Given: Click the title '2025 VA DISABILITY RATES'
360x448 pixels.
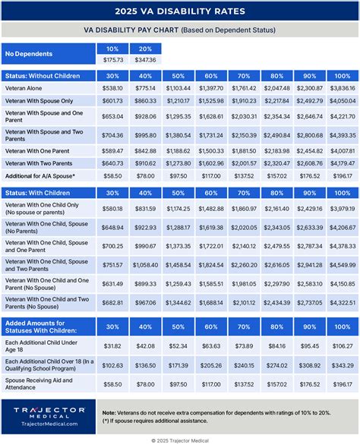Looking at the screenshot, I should [x=180, y=11].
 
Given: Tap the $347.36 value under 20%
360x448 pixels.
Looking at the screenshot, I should [x=145, y=58].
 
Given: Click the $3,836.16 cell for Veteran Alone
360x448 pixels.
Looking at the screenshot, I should [x=342, y=88].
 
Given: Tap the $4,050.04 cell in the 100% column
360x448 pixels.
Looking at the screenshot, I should [x=342, y=100].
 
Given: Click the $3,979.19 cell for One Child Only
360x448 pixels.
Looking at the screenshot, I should [x=342, y=209].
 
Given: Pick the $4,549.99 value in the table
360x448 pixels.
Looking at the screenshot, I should [x=342, y=265].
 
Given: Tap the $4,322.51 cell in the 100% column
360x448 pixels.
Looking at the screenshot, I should [x=342, y=303].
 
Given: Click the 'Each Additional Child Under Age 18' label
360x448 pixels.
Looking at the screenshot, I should [x=46, y=346].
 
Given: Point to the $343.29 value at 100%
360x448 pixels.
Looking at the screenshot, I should [x=342, y=366].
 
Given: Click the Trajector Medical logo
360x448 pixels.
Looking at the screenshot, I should [x=48, y=415].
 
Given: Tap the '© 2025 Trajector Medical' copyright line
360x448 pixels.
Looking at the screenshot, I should [x=180, y=440].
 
